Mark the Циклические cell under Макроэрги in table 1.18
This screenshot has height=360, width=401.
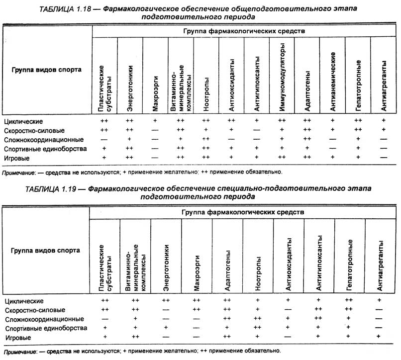(155, 121)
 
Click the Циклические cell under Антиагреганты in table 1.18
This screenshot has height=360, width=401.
(383, 121)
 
